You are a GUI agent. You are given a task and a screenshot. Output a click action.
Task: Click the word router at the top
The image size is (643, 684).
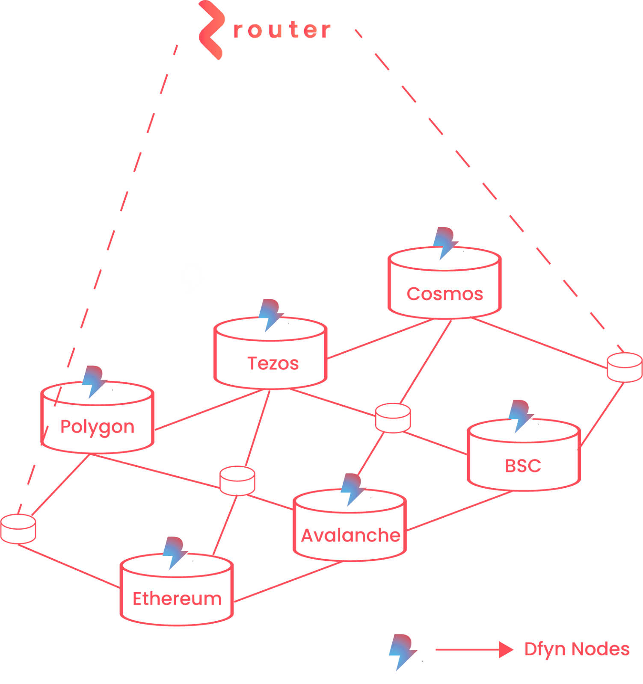pyautogui.click(x=282, y=30)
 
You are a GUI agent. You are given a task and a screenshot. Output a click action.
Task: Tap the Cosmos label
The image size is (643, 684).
pyautogui.click(x=444, y=294)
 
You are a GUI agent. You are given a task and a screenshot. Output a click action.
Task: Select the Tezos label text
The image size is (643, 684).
pyautogui.click(x=273, y=364)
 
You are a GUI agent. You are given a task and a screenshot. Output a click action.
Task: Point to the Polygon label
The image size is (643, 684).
pyautogui.click(x=98, y=427)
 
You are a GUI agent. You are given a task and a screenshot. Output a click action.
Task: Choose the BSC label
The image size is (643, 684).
pyautogui.click(x=523, y=466)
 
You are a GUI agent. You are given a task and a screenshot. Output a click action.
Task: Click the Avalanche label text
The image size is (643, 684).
pyautogui.click(x=350, y=536)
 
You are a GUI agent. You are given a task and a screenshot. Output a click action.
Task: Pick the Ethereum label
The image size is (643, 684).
pyautogui.click(x=177, y=599)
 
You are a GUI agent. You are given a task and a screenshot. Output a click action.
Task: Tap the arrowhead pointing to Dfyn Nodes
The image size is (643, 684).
pyautogui.click(x=506, y=650)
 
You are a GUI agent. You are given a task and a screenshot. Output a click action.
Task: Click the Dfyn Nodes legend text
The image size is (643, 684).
pyautogui.click(x=577, y=649)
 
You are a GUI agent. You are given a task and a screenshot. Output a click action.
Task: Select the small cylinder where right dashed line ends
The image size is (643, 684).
pyautogui.click(x=624, y=367)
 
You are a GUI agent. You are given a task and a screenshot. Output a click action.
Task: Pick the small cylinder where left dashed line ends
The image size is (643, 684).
pyautogui.click(x=18, y=529)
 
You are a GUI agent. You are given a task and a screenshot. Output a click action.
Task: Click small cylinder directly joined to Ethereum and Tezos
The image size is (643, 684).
pyautogui.click(x=237, y=481)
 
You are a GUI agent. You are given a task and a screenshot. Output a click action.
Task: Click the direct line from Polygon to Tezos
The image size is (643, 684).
pyautogui.click(x=210, y=410)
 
